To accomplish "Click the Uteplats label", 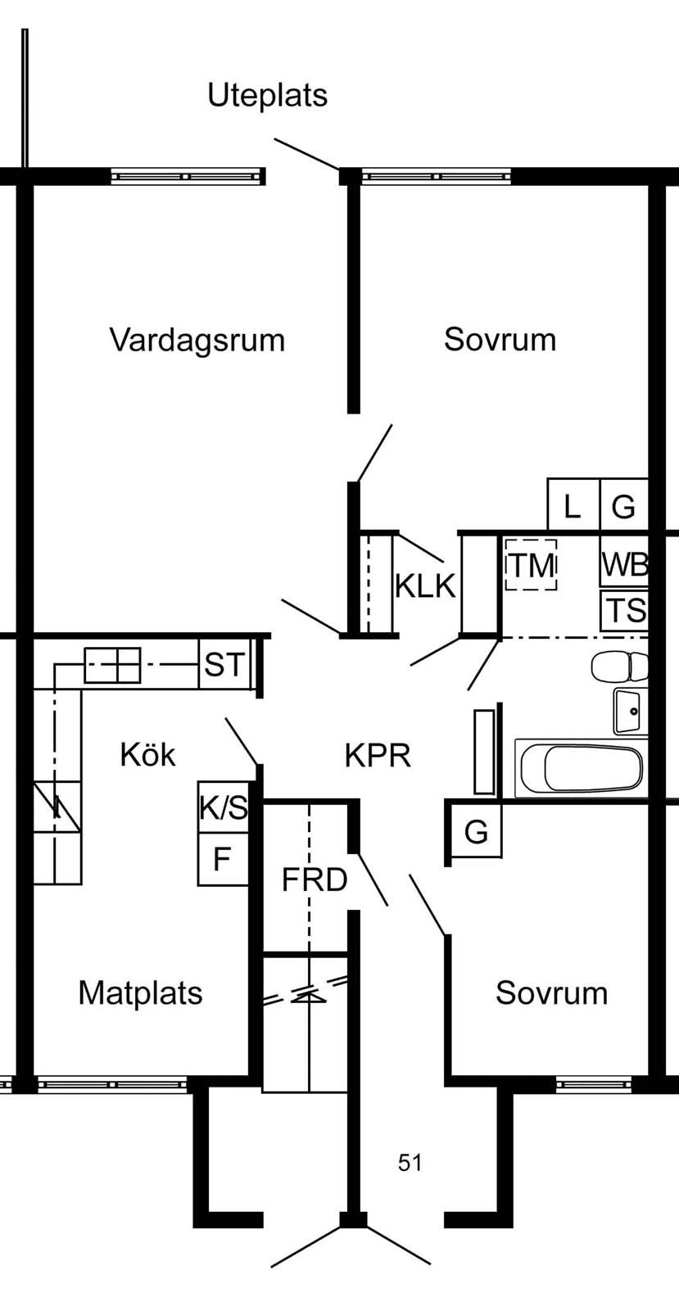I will click(267, 96).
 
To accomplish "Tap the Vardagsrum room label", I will click(197, 339).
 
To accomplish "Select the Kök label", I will click(147, 754).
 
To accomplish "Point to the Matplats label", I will click(140, 992).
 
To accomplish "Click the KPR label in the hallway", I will click(378, 755).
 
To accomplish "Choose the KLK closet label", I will click(425, 585).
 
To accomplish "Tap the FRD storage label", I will click(315, 879).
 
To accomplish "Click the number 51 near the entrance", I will click(410, 1162).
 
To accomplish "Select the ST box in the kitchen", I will click(224, 664).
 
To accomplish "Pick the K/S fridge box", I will click(223, 807).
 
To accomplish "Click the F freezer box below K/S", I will click(222, 860).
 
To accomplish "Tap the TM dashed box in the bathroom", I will click(531, 565).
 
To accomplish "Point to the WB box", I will click(625, 564).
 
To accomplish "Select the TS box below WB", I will click(625, 611).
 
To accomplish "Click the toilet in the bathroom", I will click(620, 667).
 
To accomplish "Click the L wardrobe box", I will click(573, 506).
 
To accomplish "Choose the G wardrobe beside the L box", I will click(624, 506).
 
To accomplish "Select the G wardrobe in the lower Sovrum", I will click(476, 832).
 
